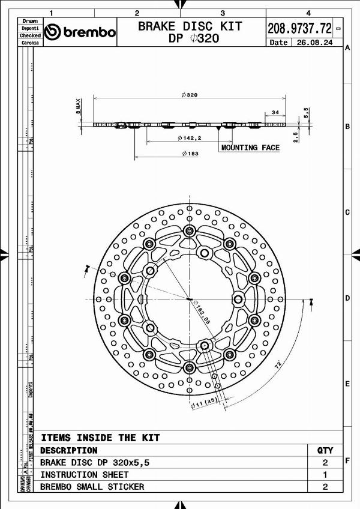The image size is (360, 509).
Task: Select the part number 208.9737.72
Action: (x=299, y=28)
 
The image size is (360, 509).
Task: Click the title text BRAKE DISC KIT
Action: (x=190, y=26)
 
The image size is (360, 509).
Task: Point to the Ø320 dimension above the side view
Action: (x=189, y=95)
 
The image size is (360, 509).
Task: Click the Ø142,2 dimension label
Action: (x=189, y=138)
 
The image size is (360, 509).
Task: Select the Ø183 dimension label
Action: (x=189, y=154)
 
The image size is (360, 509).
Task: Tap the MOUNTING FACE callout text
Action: (x=250, y=148)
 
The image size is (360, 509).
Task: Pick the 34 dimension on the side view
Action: (x=275, y=112)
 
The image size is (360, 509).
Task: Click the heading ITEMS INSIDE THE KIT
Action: (x=100, y=438)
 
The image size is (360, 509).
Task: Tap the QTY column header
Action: (x=325, y=450)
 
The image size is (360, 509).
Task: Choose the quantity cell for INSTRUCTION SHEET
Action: (x=325, y=475)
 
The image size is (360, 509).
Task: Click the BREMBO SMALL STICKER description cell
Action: (x=92, y=487)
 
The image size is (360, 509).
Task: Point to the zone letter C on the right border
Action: (x=347, y=212)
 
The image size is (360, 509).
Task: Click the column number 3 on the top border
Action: (x=223, y=12)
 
